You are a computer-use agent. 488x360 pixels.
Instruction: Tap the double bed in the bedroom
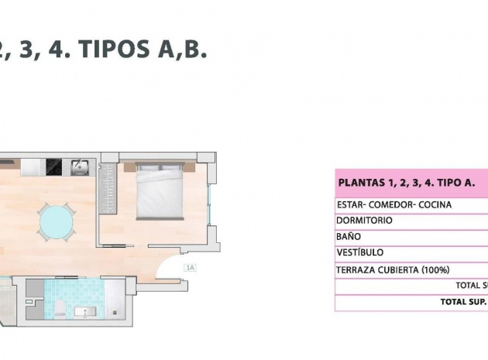160,190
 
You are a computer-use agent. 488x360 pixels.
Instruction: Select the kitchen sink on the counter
80,166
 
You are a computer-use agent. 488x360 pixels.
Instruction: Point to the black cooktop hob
54,166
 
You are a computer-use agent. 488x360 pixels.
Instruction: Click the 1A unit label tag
190,268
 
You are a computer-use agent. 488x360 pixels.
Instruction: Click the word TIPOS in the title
114,50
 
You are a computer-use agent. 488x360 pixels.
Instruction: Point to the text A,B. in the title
183,50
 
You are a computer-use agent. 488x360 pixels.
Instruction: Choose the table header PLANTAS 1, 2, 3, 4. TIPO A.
406,183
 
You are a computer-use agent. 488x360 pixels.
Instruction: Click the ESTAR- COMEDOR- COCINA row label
393,205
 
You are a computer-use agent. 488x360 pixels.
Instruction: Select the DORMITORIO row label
364,221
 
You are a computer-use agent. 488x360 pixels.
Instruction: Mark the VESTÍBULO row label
359,252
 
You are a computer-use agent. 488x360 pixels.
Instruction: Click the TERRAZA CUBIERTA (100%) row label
392,270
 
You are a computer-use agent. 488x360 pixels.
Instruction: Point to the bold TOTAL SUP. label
463,301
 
